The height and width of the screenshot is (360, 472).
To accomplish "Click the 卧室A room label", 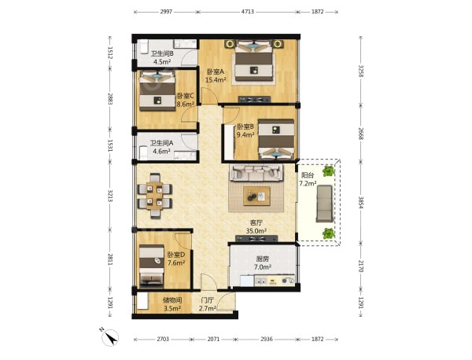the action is tap(216, 72).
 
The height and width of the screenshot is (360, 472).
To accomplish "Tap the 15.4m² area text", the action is tap(216, 80).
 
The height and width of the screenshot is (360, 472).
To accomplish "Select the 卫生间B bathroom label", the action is tap(162, 53).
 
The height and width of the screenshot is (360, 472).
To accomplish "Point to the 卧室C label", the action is tap(185, 96).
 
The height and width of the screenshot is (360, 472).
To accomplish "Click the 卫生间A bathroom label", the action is tap(161, 143).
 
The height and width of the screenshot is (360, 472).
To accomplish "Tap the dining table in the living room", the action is tap(155, 196).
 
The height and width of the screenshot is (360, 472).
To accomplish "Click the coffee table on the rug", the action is tap(256, 196).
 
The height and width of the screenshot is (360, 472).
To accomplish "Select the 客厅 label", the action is tap(256, 223).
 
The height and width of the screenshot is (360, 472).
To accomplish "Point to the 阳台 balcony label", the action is tap(308, 175).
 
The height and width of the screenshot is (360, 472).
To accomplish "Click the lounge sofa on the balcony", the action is tap(324, 204).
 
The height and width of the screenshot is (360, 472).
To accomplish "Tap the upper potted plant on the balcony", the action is tap(328, 171).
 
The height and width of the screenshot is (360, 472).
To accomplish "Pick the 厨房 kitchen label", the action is tap(262, 259).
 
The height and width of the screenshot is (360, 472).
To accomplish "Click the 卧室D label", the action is tap(176, 255).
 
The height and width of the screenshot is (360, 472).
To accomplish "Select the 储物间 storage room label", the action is tap(172, 300).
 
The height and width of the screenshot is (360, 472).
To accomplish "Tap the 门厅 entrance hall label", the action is tap(208, 300).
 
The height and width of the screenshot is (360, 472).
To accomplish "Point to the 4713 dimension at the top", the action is tap(248, 12).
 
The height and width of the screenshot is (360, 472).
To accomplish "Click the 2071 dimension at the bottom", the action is tap(213, 340).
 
